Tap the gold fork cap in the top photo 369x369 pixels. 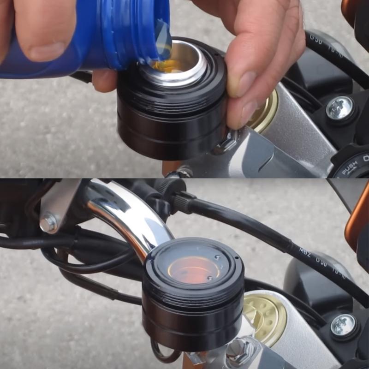pyautogui.click(x=265, y=111)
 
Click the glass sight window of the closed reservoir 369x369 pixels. pyautogui.click(x=194, y=268)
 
